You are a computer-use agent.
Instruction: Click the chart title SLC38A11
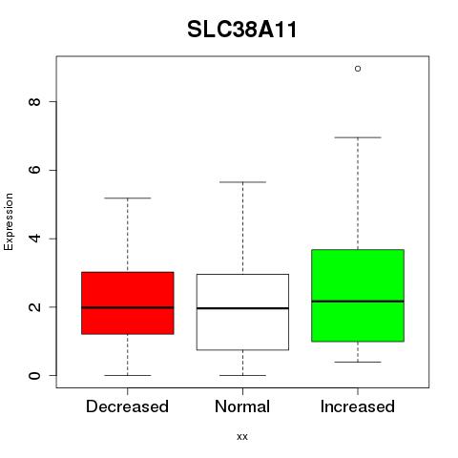242,30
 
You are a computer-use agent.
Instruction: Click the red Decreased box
128,303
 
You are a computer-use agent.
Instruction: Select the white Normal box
242,312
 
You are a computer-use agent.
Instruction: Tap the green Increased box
358,296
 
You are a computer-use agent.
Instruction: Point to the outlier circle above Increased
358,69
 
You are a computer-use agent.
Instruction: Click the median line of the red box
128,307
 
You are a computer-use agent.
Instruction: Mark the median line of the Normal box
242,308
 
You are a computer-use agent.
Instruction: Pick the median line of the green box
358,302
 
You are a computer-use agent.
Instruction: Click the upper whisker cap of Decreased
128,198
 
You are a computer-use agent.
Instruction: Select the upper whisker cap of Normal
242,182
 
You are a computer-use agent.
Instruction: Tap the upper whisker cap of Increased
358,137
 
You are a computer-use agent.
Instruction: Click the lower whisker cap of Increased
358,362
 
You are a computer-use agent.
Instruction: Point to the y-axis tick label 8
34,102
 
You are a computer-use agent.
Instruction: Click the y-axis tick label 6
34,170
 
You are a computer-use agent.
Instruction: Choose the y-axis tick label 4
34,239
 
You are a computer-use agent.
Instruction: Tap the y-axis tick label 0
34,376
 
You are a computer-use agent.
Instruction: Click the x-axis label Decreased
127,406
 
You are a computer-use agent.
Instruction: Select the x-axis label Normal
242,406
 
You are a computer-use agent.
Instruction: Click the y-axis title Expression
9,221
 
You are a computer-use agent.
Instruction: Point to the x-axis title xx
242,437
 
